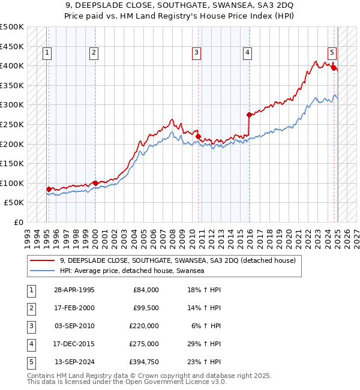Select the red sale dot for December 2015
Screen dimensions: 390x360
click(249, 114)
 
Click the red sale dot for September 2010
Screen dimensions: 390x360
click(198, 136)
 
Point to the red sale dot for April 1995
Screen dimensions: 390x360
click(49, 189)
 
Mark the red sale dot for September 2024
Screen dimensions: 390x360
click(334, 67)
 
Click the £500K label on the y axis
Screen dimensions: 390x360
click(12, 27)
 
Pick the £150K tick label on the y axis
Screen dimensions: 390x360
click(12, 163)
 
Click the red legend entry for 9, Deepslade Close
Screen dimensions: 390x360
click(178, 261)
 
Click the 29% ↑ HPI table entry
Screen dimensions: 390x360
click(205, 344)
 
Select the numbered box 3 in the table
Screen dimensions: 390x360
click(31, 326)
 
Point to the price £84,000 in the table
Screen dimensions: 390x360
click(146, 290)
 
